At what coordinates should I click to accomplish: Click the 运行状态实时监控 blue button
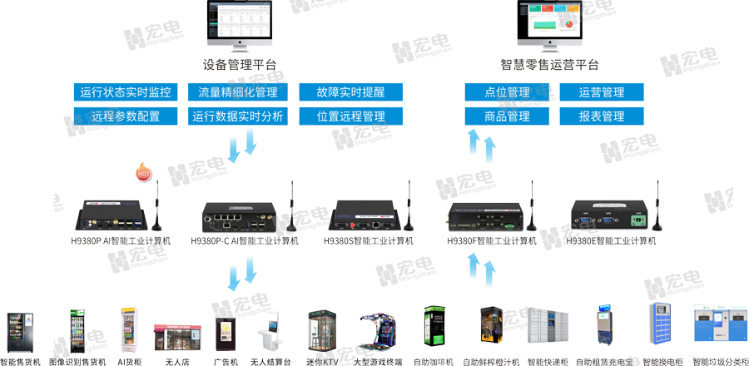pos(126,92)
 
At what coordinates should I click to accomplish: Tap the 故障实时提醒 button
pos(350,92)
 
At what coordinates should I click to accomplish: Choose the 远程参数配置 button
pos(126,116)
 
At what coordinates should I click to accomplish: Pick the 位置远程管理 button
pos(350,116)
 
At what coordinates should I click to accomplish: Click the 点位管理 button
pos(507,92)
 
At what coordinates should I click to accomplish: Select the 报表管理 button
pos(602,116)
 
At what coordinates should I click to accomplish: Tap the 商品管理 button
pos(507,116)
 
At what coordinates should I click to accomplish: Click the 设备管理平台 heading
pos(240,65)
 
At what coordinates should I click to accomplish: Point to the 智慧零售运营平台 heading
pos(550,65)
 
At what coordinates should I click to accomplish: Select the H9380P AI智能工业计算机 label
pos(121,241)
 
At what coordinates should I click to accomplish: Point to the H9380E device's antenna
pos(654,208)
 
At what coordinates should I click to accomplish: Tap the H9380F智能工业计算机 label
pos(492,241)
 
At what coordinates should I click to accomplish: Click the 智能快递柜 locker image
pos(546,331)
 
